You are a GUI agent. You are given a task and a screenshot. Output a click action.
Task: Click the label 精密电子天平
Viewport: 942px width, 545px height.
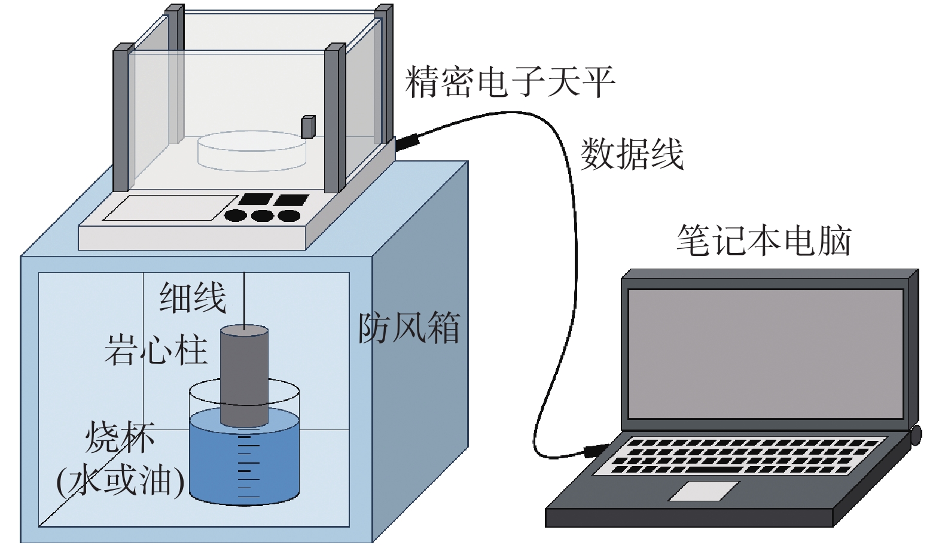[x=510, y=81]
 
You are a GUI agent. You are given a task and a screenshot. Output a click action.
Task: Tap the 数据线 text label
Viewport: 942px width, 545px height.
[x=632, y=154]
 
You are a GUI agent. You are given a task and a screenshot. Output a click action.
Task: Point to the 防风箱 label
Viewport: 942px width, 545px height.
[x=408, y=328]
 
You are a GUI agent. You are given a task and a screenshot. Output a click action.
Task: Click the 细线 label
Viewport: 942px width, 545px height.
[x=193, y=297]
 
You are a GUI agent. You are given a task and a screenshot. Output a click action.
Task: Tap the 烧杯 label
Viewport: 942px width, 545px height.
[x=120, y=437]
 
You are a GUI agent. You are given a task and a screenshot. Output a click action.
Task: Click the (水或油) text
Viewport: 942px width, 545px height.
[x=120, y=480]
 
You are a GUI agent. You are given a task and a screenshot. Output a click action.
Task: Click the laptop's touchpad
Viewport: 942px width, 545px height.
[x=703, y=491]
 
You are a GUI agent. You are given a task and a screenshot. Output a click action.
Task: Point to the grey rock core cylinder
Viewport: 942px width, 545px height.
[x=245, y=376]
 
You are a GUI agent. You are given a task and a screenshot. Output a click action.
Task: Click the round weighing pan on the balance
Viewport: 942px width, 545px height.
[x=252, y=151]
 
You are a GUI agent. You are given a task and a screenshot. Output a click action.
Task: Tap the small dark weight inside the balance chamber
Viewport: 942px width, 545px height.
[x=308, y=127]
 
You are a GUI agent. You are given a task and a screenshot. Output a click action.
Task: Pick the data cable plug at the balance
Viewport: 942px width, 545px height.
[x=407, y=141]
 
